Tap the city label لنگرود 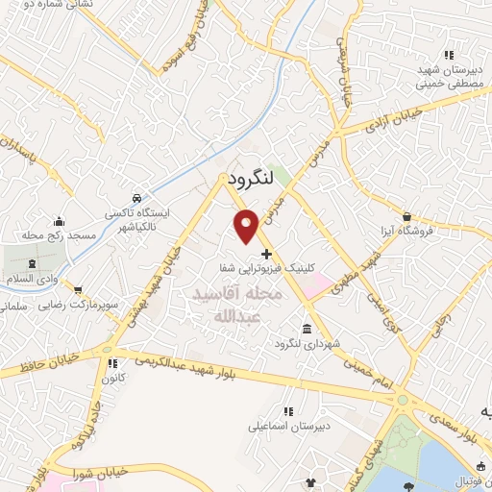[253, 178]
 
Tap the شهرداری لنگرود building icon [306, 326]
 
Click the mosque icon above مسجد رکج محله [59, 221]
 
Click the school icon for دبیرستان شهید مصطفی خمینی [449, 55]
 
